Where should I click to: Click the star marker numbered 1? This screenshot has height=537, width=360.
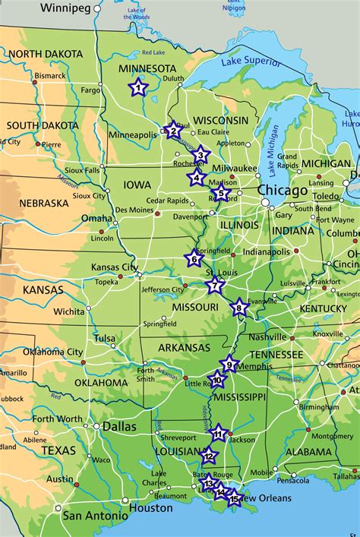pyautogui.click(x=137, y=87)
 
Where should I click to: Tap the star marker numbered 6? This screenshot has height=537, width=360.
pyautogui.click(x=194, y=259)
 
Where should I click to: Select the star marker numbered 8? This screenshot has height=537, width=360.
pyautogui.click(x=239, y=307)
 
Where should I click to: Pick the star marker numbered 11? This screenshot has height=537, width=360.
pyautogui.click(x=218, y=434)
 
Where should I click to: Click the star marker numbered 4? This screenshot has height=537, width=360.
pyautogui.click(x=197, y=178)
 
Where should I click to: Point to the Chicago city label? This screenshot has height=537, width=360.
pyautogui.click(x=283, y=190)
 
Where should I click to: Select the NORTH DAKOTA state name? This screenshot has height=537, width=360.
pyautogui.click(x=46, y=54)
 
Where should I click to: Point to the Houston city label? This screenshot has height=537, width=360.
pyautogui.click(x=151, y=508)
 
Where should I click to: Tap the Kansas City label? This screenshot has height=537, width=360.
pyautogui.click(x=114, y=267)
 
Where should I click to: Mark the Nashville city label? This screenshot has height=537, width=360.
pyautogui.click(x=267, y=336)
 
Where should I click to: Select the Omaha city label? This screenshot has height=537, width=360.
pyautogui.click(x=96, y=218)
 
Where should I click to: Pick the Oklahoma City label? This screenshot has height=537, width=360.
pyautogui.click(x=52, y=352)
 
